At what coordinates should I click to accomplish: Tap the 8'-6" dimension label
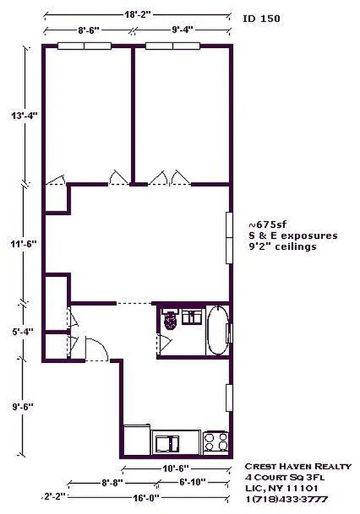tap(88, 29)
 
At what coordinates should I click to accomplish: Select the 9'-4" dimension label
tap(182, 29)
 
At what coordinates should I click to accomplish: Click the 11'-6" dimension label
tap(26, 244)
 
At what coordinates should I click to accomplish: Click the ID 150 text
tap(260, 20)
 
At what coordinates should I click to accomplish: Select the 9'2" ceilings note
tap(282, 246)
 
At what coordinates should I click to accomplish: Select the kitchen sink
tap(168, 442)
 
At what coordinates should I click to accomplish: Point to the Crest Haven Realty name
tap(298, 466)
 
